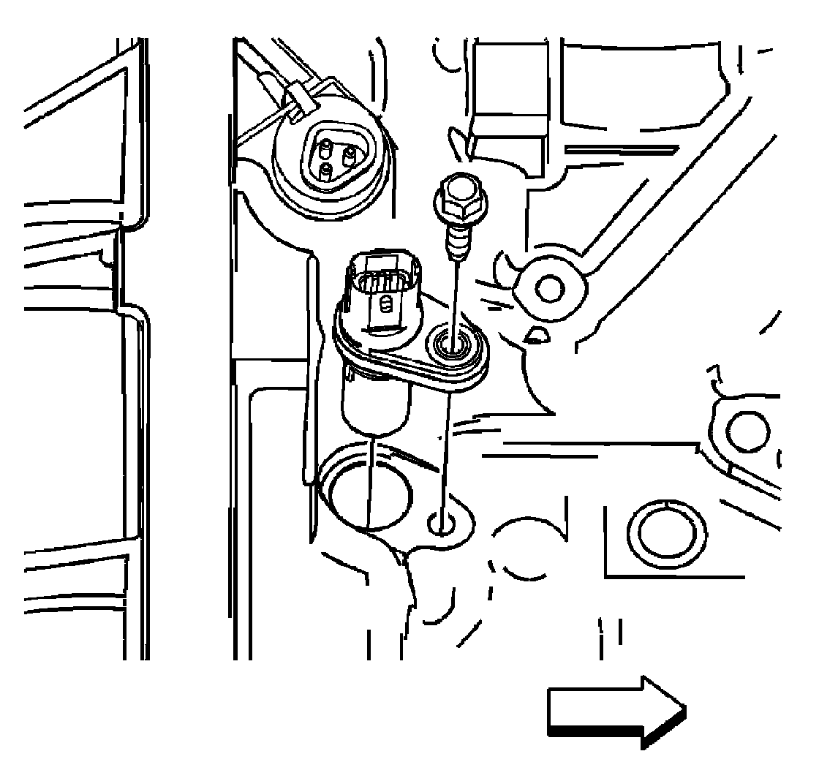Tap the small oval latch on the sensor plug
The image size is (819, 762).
pos(387,302)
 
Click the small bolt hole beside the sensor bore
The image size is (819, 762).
pos(442,522)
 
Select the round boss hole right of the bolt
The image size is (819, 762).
pos(549,287)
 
